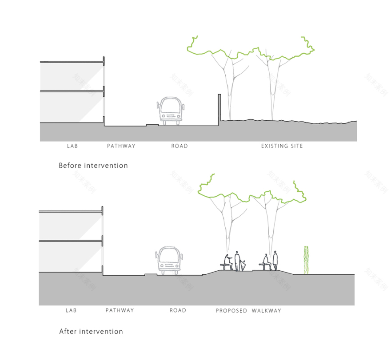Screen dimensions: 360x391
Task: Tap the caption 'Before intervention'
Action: coord(93,166)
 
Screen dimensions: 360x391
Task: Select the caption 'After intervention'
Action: coord(91,332)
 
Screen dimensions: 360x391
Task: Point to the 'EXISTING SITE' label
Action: coord(282,146)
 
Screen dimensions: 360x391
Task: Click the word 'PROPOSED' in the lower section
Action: coord(231,311)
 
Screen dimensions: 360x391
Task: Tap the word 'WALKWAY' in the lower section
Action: coord(267,311)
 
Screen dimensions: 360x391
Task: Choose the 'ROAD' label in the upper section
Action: coord(180,146)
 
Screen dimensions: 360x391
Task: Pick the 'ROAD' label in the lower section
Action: coord(178,311)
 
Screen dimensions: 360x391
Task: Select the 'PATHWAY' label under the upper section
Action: coord(121,146)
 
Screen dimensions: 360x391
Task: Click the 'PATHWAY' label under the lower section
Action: coord(120,311)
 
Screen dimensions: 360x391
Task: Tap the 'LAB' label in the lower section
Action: coord(71,311)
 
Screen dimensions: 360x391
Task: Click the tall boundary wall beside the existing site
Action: coord(219,107)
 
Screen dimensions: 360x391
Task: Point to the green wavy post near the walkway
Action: coord(306,260)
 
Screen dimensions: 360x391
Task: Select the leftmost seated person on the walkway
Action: coord(227,262)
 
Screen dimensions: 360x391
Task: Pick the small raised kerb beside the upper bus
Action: coord(152,125)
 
